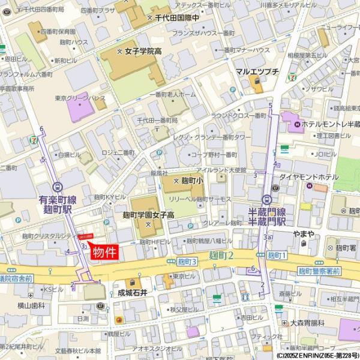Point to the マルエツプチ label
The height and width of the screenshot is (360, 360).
point(257,71)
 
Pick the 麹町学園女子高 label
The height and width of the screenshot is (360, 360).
point(148,215)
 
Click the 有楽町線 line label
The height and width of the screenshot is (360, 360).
point(57,200)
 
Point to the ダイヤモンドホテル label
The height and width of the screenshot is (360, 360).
point(308,177)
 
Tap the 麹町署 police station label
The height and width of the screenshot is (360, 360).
point(347,247)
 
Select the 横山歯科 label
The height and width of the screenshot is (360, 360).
point(31,305)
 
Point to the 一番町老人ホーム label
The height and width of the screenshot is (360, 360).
point(172,95)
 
